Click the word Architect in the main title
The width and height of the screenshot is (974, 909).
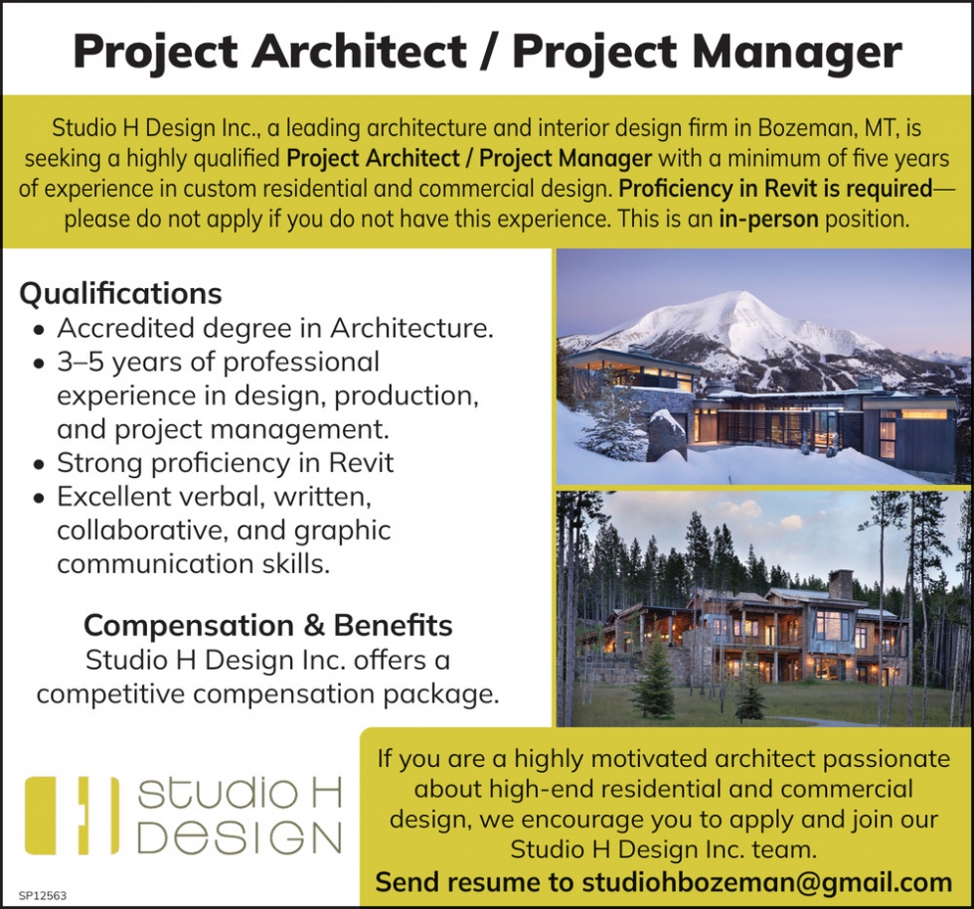(359, 51)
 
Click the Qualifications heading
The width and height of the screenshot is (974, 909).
(120, 294)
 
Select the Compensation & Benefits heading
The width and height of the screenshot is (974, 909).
(268, 625)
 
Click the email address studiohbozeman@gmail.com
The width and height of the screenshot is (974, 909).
(766, 882)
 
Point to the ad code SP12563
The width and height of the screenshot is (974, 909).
(42, 896)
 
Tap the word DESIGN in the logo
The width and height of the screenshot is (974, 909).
(240, 838)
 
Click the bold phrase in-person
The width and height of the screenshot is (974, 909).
(768, 220)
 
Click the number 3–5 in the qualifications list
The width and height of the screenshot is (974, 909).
(81, 362)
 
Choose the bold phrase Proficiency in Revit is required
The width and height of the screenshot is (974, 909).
(776, 189)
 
